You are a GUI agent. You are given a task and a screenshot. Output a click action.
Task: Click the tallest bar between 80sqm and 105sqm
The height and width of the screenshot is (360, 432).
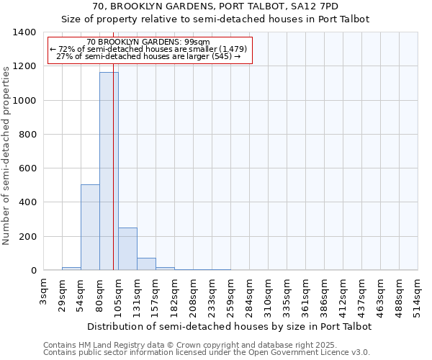(109, 171)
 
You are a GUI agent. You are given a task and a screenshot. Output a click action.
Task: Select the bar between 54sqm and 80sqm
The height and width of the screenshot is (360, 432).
(90, 228)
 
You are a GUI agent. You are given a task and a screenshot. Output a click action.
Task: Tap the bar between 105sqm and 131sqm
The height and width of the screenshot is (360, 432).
(127, 249)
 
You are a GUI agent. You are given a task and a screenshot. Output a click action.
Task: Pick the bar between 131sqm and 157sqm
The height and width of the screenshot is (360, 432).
(146, 264)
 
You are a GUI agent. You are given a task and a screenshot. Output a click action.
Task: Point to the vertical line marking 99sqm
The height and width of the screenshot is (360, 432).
(113, 158)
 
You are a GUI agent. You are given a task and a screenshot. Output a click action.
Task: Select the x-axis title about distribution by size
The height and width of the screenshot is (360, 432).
(230, 326)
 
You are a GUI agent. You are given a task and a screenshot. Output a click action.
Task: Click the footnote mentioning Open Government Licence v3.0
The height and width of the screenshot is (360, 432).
(206, 353)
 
